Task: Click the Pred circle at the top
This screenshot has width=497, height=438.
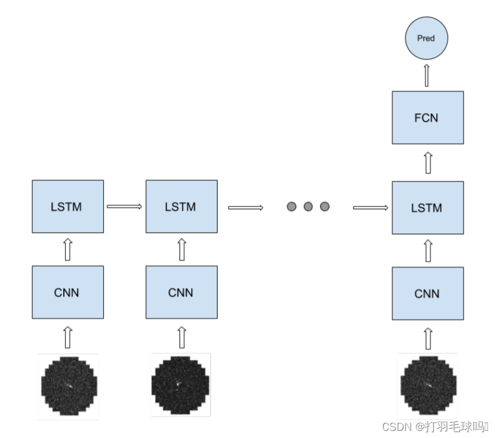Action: (x=426, y=39)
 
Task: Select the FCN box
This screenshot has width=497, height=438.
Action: (x=427, y=117)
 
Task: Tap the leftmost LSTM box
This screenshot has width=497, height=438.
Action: (x=67, y=206)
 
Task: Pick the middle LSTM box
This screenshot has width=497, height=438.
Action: (x=181, y=206)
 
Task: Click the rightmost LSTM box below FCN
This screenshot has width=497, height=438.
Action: (x=427, y=207)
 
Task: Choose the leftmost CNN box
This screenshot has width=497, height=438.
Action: (x=67, y=292)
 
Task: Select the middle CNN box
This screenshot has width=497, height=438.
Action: (x=181, y=292)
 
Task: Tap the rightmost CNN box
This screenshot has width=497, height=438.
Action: (x=427, y=293)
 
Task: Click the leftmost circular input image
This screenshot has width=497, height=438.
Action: (x=69, y=386)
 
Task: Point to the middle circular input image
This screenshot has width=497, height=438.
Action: (x=181, y=385)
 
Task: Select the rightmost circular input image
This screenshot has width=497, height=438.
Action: (x=428, y=385)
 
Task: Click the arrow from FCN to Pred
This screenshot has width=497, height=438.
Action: (x=427, y=76)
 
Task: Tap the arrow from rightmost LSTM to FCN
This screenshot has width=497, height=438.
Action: (x=427, y=162)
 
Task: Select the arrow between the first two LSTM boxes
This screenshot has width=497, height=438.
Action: (x=124, y=206)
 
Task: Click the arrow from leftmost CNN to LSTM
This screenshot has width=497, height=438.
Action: (x=67, y=249)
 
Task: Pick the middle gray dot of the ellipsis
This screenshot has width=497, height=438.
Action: (x=308, y=207)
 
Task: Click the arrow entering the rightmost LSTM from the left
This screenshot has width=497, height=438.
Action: (x=371, y=207)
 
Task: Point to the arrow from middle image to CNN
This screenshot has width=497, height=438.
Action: (x=182, y=337)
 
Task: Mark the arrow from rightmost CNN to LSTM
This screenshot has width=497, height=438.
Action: (x=427, y=250)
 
